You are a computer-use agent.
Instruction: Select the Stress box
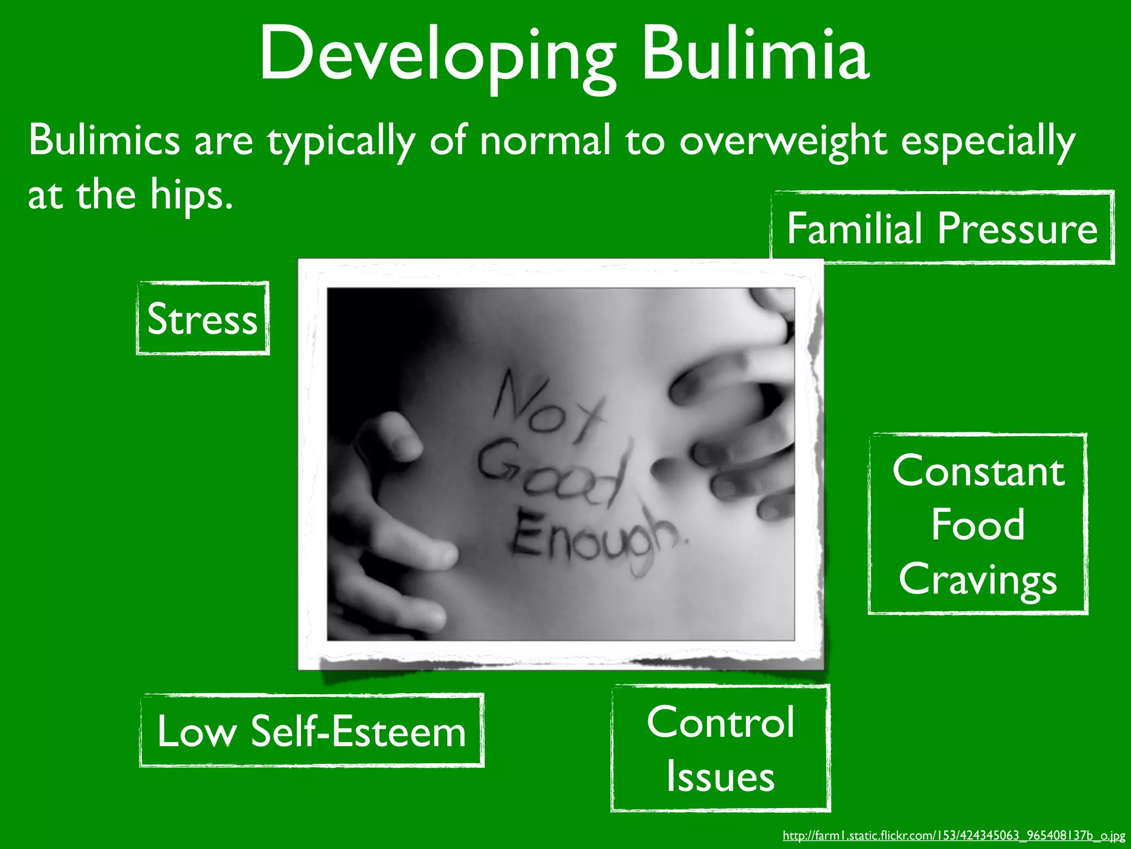(x=203, y=319)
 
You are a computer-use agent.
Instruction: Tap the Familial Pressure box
(x=942, y=228)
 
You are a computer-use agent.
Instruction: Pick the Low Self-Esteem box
(x=311, y=731)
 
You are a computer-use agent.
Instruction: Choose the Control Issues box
(x=721, y=748)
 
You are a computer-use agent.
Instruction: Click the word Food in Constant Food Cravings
(x=977, y=525)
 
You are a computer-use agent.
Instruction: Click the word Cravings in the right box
(x=977, y=579)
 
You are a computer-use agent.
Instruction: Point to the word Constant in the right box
(x=978, y=471)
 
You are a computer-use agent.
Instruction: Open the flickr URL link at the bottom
(x=954, y=836)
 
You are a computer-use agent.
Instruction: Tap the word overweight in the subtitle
(x=783, y=141)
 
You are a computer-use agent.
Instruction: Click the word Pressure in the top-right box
(x=1017, y=228)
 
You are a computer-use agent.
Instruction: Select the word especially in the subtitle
(x=988, y=141)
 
